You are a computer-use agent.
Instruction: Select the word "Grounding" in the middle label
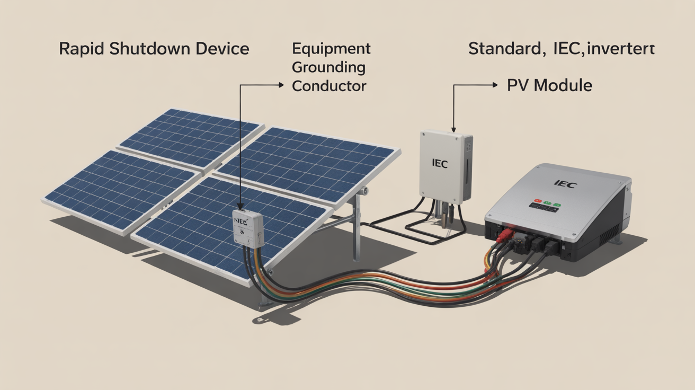pyautogui.click(x=328, y=67)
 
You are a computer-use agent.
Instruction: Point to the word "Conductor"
pyautogui.click(x=329, y=86)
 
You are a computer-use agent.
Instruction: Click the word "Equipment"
pyautogui.click(x=331, y=49)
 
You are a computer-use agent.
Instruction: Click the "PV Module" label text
pyautogui.click(x=549, y=85)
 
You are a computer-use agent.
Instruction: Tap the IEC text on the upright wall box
pyautogui.click(x=440, y=164)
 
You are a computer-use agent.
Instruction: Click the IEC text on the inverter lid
pyautogui.click(x=565, y=184)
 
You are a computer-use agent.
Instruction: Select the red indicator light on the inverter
pyautogui.click(x=537, y=202)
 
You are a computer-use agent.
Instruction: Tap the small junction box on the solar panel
pyautogui.click(x=248, y=227)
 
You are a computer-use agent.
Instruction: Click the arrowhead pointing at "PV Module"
pyautogui.click(x=495, y=85)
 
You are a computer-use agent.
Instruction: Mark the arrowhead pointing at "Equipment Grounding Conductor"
pyautogui.click(x=281, y=85)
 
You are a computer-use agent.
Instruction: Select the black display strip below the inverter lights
pyautogui.click(x=547, y=210)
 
